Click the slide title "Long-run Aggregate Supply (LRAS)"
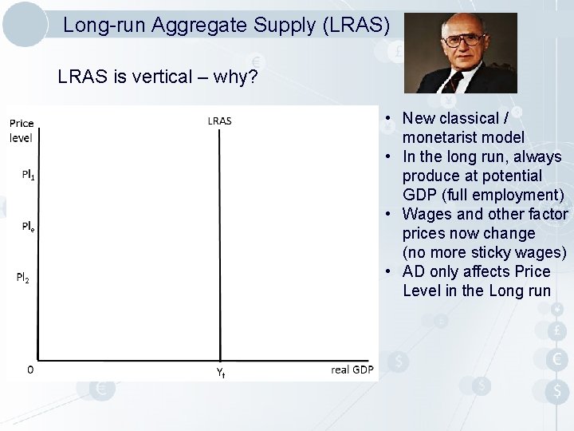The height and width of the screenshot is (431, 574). (x=226, y=26)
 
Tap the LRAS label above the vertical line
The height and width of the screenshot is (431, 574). (x=219, y=121)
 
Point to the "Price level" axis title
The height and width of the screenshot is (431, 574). (x=22, y=130)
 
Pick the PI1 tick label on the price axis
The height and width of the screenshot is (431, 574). (x=29, y=175)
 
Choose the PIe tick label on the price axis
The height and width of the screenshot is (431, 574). (x=28, y=227)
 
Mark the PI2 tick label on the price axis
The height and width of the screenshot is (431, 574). (x=23, y=278)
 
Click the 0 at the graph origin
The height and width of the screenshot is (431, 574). (x=30, y=370)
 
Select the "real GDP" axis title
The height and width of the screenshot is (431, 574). (x=352, y=370)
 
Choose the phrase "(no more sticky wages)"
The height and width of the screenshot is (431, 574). (x=485, y=252)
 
